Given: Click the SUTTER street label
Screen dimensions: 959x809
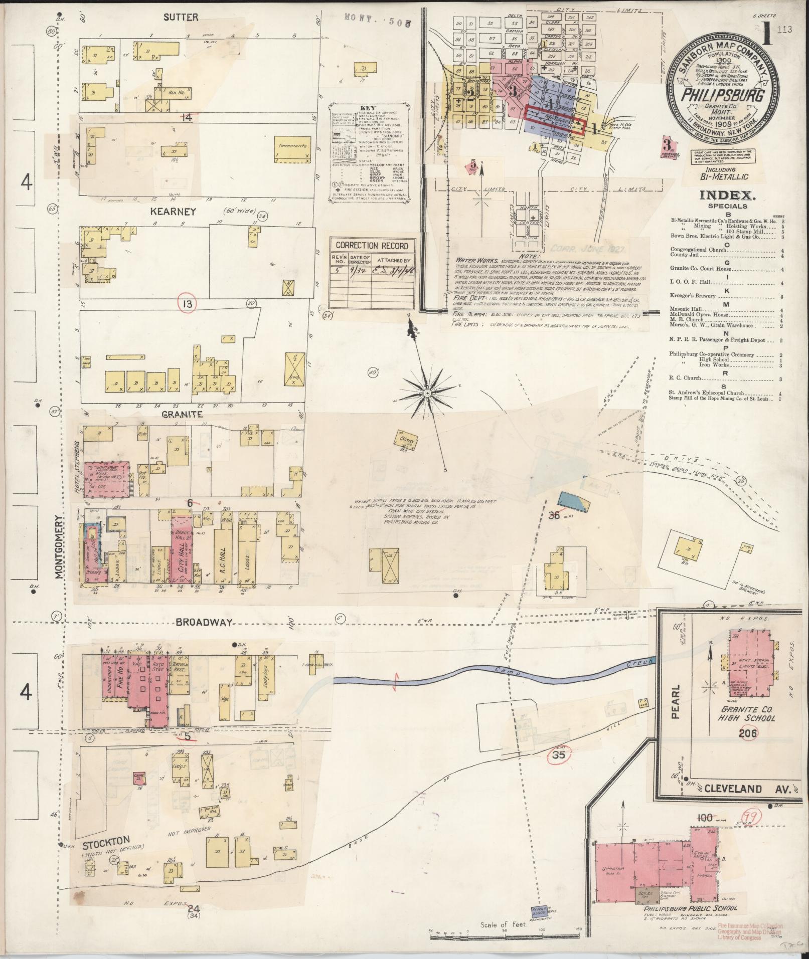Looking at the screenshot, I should (x=181, y=18).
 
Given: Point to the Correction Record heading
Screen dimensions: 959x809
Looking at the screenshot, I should (x=372, y=246).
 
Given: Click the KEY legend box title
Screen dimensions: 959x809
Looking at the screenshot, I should (x=368, y=108).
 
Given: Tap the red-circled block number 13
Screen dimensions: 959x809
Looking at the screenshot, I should (x=188, y=303).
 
